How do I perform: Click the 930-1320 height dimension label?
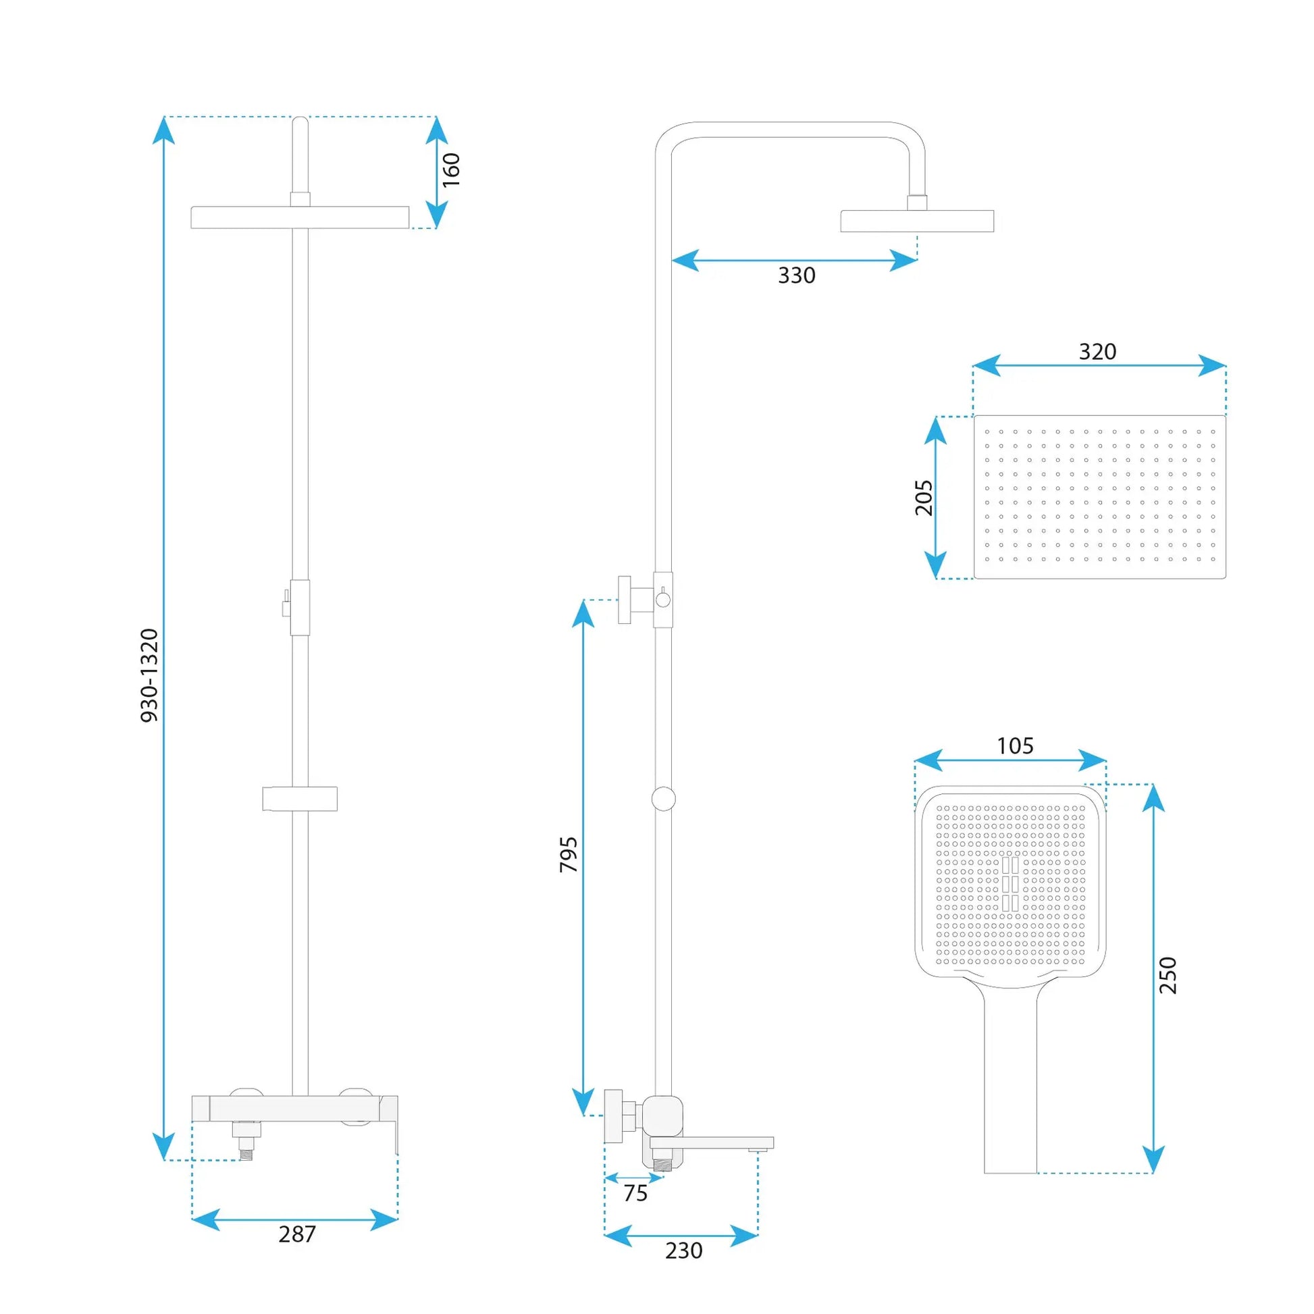[149, 675]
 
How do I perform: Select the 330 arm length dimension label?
[796, 275]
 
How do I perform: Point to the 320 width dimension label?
[1097, 352]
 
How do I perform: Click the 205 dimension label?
[924, 498]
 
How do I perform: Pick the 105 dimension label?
[1015, 746]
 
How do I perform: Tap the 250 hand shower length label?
[1167, 974]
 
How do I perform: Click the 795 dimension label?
[569, 855]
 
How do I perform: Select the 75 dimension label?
[635, 1193]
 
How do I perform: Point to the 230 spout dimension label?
[683, 1250]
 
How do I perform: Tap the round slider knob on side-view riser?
[663, 799]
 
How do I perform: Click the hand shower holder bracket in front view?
[300, 799]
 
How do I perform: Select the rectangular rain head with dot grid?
[1100, 497]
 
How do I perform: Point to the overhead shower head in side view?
[917, 221]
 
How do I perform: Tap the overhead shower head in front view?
[300, 217]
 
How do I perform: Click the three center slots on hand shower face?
[1010, 883]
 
